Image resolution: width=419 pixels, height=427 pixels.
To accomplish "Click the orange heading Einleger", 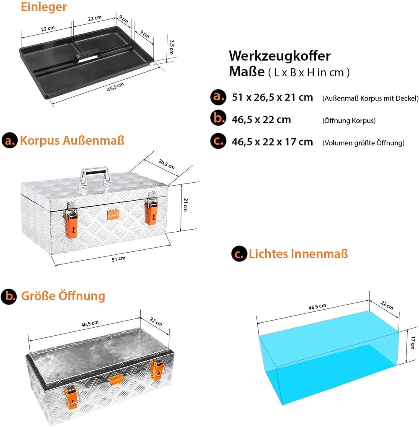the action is pyautogui.click(x=44, y=7).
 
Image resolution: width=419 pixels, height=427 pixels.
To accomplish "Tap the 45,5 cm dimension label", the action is pyautogui.click(x=116, y=87).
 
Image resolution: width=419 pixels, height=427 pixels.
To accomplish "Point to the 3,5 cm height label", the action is pyautogui.click(x=171, y=47).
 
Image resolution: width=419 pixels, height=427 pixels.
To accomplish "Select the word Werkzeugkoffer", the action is pyautogui.click(x=279, y=56).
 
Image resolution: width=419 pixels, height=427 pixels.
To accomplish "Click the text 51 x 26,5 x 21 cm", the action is pyautogui.click(x=272, y=97).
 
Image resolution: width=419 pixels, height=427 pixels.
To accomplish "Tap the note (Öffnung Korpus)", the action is pyautogui.click(x=349, y=121).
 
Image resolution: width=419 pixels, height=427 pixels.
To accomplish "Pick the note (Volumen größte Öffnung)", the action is pyautogui.click(x=363, y=143).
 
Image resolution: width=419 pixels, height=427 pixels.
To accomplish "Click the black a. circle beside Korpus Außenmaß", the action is pyautogui.click(x=10, y=140).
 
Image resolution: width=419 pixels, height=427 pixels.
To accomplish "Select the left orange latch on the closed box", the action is pyautogui.click(x=71, y=222).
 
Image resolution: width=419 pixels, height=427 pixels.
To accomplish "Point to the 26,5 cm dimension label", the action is pyautogui.click(x=166, y=164).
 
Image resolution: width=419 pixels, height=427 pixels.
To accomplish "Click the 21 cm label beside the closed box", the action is pyautogui.click(x=186, y=205).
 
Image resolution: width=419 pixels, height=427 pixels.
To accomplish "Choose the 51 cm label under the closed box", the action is pyautogui.click(x=119, y=259).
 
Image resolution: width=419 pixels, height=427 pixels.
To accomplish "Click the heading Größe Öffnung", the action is pyautogui.click(x=63, y=296).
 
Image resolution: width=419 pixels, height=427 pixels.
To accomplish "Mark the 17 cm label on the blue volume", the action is pyautogui.click(x=413, y=343).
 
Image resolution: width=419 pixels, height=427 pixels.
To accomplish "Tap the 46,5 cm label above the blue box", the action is pyautogui.click(x=317, y=307).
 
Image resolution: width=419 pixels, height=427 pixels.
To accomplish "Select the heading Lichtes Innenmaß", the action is pyautogui.click(x=298, y=254).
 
